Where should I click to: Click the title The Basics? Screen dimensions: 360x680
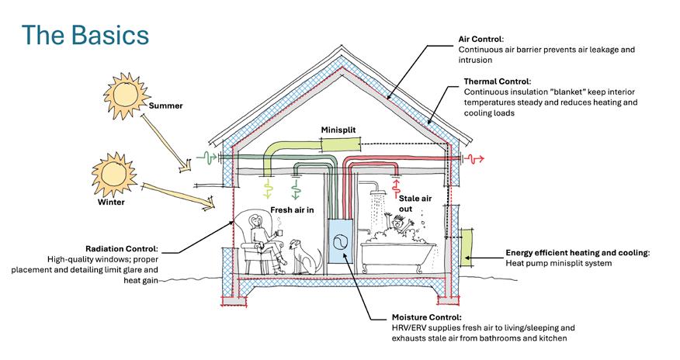pos(85,36)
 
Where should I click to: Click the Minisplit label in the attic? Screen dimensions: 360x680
pos(338,131)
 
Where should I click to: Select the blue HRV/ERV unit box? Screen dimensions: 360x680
pos(339,241)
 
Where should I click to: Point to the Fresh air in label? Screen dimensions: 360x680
pos(292,210)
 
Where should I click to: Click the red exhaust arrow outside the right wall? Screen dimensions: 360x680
pos(474,158)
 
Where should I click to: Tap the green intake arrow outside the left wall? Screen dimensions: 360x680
pos(207,157)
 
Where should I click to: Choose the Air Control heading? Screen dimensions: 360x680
pos(481,38)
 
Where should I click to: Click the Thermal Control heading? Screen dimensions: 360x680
pos(498,81)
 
